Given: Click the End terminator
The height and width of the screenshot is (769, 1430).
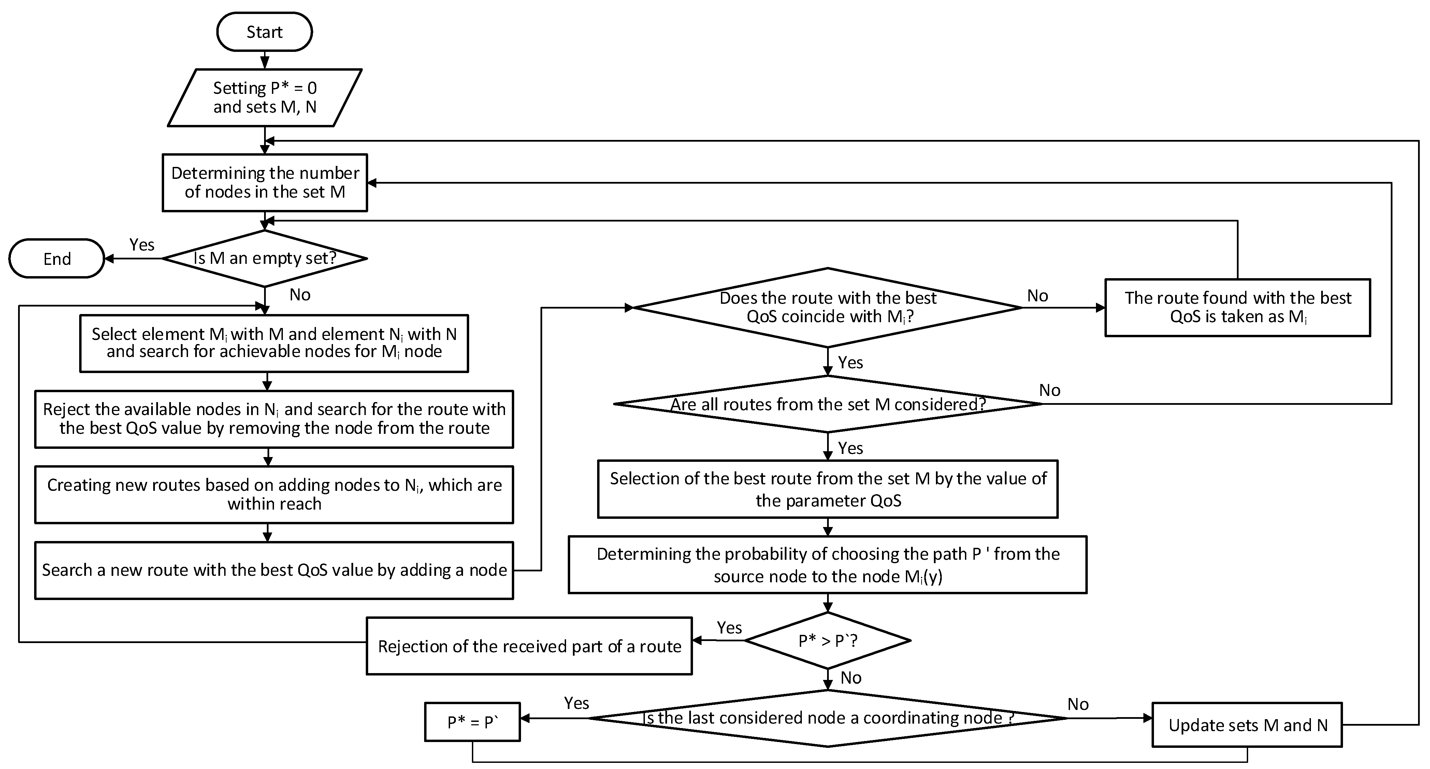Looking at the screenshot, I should pos(57,259).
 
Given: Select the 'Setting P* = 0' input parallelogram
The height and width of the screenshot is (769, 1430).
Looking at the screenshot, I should pos(265,98).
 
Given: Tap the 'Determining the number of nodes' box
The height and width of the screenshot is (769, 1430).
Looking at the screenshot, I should pos(265,183).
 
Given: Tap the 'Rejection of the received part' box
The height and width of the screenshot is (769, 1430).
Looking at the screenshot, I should pos(529,646).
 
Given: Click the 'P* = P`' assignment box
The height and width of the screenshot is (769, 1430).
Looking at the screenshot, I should pos(473,722).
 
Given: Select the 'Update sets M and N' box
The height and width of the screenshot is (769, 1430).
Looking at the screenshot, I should pos(1247,725).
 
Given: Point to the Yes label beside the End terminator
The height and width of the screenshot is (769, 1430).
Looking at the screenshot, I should pos(142,245).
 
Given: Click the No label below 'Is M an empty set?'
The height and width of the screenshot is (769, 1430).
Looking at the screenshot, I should pos(300,295).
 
